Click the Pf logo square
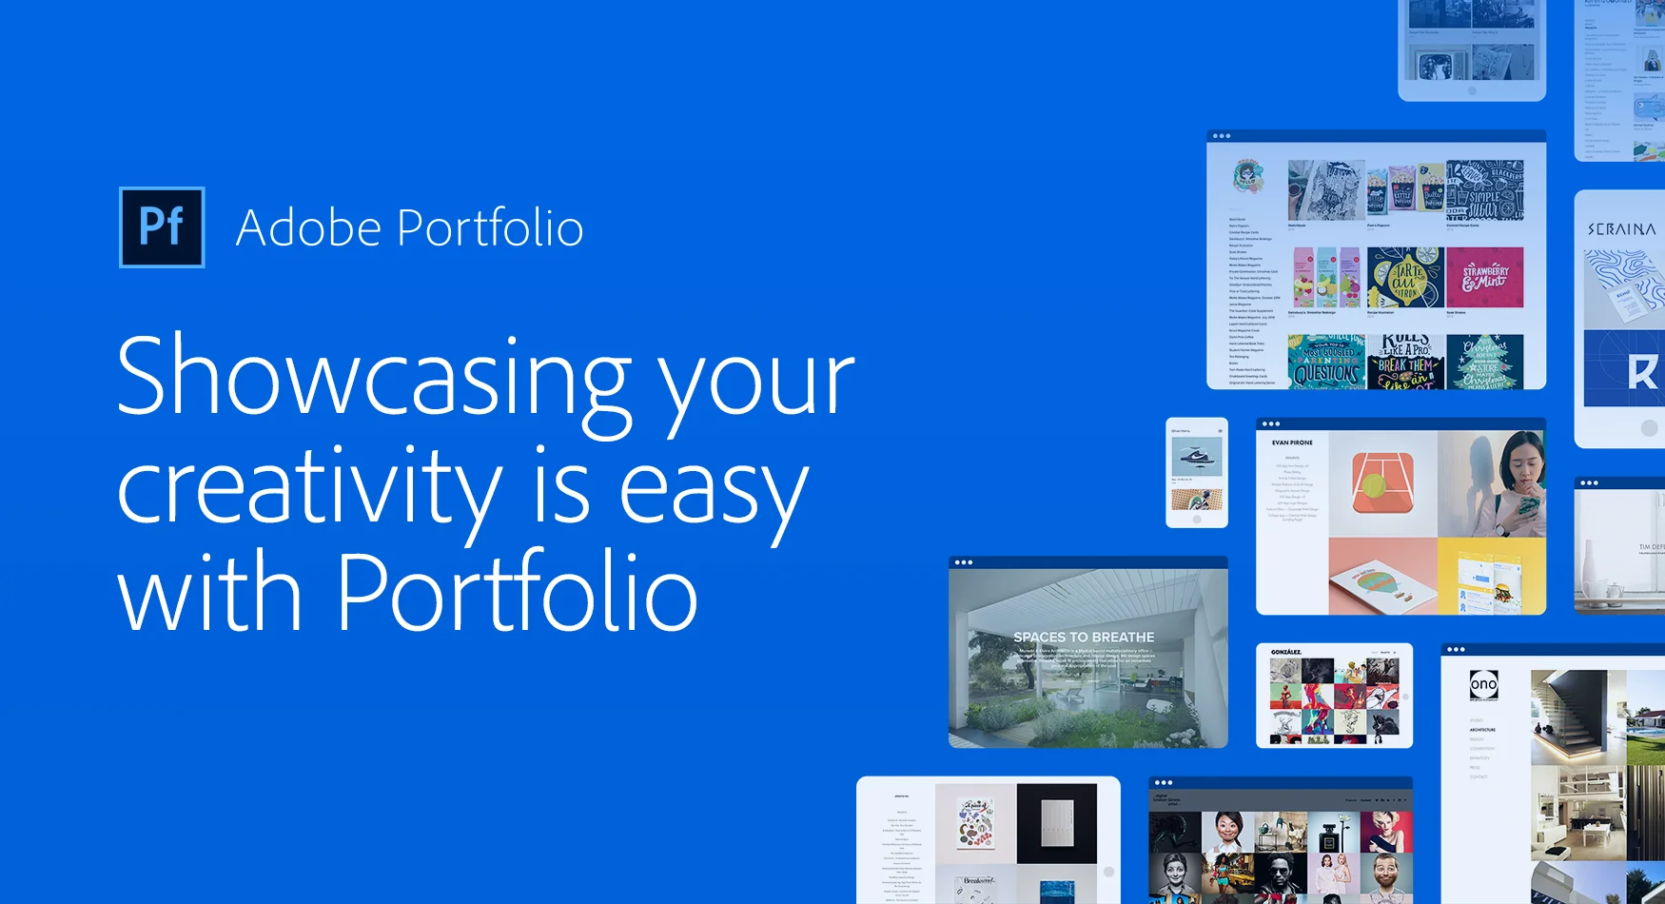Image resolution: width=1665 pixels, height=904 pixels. [161, 227]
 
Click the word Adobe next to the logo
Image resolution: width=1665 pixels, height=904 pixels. [308, 228]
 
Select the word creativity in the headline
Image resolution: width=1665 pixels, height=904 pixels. [308, 487]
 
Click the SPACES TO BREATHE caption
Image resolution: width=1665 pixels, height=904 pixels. [1084, 637]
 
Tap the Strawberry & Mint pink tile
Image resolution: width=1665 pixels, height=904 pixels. [1484, 277]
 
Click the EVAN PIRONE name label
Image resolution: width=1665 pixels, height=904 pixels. [1292, 442]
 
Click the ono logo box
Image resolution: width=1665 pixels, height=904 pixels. [1483, 685]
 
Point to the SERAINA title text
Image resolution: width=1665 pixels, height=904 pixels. [1621, 229]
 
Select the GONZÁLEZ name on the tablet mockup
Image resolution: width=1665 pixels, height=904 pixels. [1285, 652]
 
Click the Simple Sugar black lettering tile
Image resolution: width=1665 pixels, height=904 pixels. [1484, 191]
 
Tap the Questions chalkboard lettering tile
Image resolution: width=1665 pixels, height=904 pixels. [1326, 363]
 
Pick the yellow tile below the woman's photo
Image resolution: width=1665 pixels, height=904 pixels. [1491, 575]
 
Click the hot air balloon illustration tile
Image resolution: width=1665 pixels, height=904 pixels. [1381, 577]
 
